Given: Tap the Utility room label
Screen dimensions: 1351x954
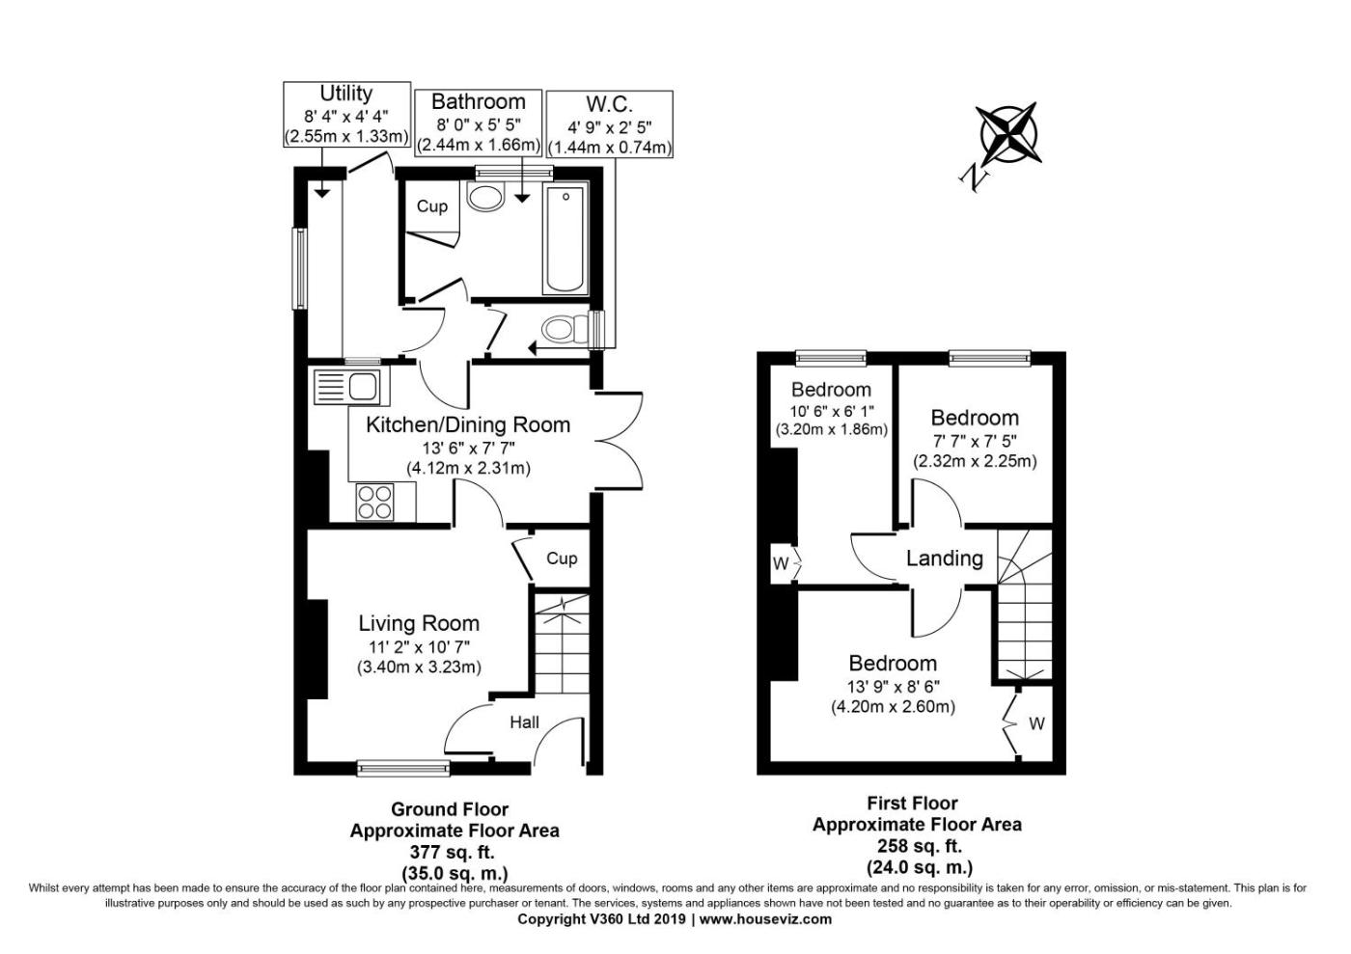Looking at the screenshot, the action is [346, 94].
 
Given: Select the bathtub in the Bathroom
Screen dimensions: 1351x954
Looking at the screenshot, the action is [565, 239].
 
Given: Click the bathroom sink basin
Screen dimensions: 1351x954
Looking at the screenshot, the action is [485, 197].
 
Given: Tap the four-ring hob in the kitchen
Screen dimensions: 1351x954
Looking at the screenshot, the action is [374, 502].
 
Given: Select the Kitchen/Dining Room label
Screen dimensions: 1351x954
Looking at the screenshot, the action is [468, 424].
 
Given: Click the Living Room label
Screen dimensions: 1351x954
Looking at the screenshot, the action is [419, 623].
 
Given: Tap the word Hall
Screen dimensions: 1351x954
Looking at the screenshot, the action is [525, 722].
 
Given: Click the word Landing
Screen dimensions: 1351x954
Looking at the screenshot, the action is [945, 559].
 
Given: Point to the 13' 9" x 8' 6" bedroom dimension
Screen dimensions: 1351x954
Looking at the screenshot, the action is [894, 686].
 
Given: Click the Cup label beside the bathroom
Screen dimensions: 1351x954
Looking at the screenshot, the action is [432, 206].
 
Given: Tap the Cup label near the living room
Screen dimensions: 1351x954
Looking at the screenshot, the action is [562, 559].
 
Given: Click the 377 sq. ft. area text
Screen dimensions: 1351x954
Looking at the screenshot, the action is [453, 852].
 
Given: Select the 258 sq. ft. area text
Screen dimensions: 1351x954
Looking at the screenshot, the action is [919, 846].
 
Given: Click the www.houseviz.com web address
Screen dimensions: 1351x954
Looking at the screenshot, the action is [765, 919].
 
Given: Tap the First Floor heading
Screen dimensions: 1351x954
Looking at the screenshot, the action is [913, 804].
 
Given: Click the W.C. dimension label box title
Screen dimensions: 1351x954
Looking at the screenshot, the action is [610, 104].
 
